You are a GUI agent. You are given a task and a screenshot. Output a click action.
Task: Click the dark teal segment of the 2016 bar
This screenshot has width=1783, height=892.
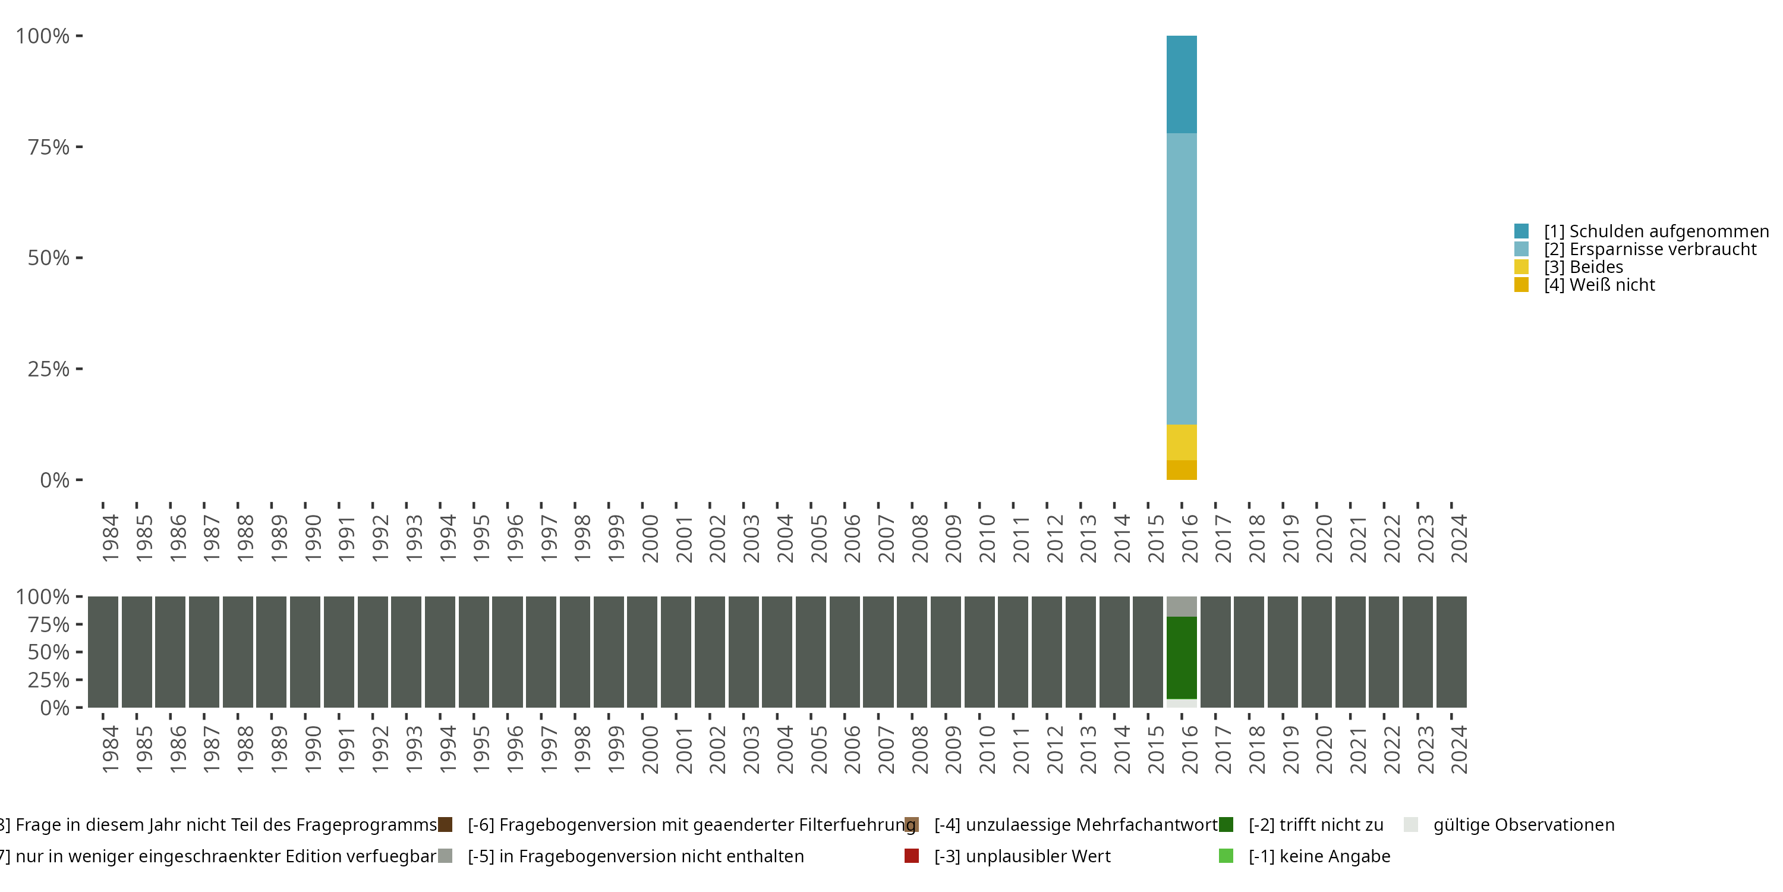click(x=1181, y=84)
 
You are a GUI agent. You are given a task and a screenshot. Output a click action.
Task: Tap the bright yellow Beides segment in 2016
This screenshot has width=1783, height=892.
click(x=1181, y=442)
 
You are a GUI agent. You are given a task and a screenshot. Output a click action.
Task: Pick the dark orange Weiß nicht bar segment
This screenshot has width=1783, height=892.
click(x=1181, y=470)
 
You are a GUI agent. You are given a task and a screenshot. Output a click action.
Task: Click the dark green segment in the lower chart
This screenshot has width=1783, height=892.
click(x=1181, y=657)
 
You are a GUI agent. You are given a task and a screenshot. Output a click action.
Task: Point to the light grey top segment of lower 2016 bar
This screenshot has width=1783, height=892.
click(x=1181, y=606)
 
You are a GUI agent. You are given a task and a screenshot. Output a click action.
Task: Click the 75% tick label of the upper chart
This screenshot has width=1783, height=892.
click(x=49, y=147)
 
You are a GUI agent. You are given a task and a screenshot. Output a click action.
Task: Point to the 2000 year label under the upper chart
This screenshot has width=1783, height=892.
click(x=650, y=538)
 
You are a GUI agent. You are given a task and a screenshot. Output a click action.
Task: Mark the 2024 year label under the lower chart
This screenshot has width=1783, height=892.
click(x=1458, y=749)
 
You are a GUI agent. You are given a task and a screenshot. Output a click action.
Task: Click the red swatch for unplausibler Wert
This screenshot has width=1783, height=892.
click(x=912, y=856)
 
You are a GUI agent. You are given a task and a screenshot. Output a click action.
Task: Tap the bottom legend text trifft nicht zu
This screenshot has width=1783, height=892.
click(x=1315, y=825)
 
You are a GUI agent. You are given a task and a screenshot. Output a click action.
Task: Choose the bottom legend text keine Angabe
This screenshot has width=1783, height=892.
click(x=1319, y=857)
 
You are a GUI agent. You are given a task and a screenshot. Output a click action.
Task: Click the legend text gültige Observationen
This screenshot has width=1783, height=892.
click(x=1523, y=825)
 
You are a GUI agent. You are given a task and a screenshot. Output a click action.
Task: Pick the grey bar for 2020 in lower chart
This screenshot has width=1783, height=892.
click(x=1316, y=652)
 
